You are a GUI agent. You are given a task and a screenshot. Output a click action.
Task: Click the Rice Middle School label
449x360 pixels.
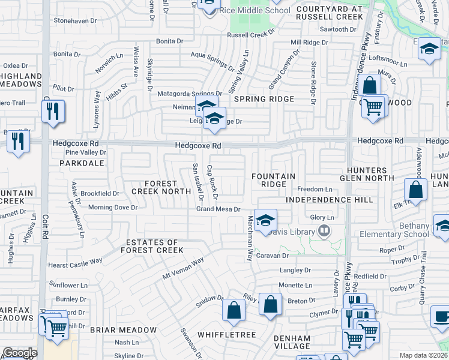coord(254,10)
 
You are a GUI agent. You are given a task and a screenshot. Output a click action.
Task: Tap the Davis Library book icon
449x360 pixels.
coord(324,230)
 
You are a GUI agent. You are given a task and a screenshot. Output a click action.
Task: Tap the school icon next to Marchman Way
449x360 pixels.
coord(265,220)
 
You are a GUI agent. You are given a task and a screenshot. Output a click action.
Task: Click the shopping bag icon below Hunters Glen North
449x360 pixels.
coord(415,190)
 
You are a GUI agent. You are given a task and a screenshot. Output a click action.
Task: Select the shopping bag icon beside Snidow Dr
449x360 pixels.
coord(234,310)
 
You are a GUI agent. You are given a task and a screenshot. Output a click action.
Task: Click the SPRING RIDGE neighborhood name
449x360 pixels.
coord(264,99)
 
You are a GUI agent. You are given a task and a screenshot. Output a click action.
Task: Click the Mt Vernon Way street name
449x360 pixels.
coord(183,268)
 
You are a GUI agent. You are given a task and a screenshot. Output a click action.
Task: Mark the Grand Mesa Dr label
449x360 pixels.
coord(218,209)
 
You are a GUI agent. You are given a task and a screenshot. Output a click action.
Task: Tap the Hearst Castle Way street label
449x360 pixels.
coord(76,263)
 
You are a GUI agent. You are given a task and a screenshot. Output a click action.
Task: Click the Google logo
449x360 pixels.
coord(20,353)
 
